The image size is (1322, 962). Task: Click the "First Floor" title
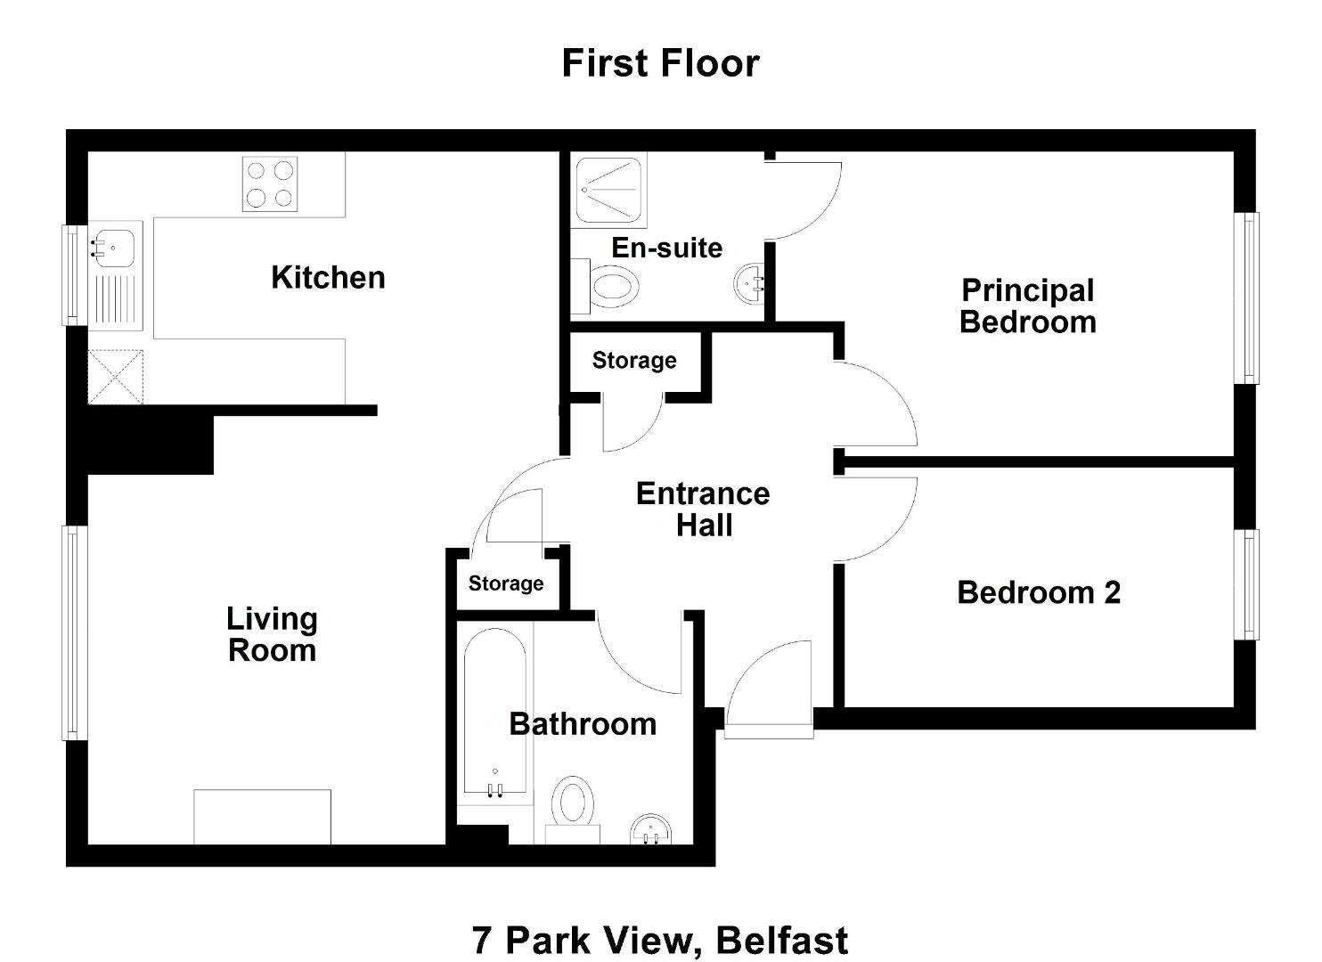click(660, 64)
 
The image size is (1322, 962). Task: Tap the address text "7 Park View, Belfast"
click(660, 941)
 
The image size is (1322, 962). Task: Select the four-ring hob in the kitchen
click(270, 183)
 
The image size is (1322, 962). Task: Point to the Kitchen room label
click(328, 277)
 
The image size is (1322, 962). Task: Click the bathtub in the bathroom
click(495, 712)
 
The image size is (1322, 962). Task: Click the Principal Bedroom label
click(1027, 306)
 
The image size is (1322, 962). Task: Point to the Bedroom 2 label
click(1039, 593)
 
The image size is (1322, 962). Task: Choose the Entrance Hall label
click(703, 510)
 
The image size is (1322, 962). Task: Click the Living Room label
click(272, 635)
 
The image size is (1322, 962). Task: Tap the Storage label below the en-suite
click(634, 360)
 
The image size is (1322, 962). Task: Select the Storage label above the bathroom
click(506, 583)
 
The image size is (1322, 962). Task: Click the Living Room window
click(74, 632)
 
